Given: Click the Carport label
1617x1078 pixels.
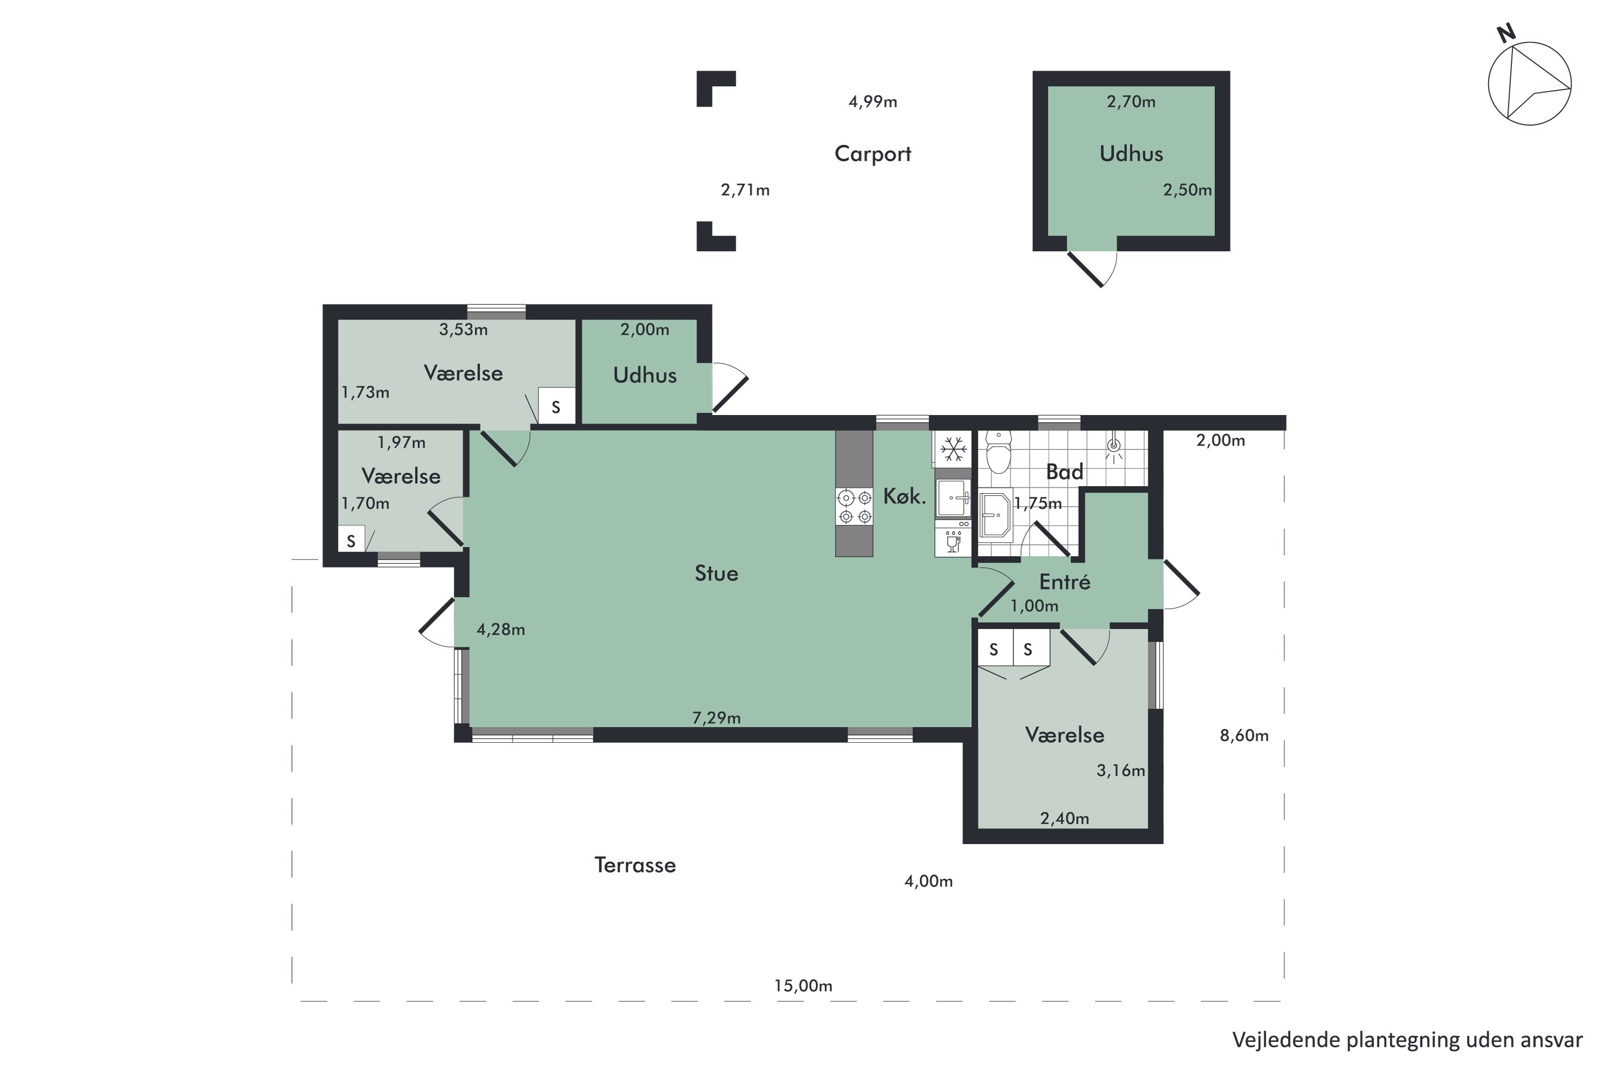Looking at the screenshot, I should click(x=873, y=153).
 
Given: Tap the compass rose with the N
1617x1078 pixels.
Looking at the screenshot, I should click(x=1529, y=83).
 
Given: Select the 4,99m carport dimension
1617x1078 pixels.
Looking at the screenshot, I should click(x=873, y=102).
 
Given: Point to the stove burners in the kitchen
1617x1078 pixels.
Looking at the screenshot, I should click(x=854, y=507).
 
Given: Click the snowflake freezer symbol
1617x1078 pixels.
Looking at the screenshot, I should click(x=953, y=450).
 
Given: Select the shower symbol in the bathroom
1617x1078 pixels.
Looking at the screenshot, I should click(x=1114, y=447).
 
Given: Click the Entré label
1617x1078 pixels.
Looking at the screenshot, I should click(x=1064, y=582).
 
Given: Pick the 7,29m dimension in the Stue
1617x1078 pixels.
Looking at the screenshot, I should click(x=716, y=718).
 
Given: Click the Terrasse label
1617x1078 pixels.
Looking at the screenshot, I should click(x=634, y=865).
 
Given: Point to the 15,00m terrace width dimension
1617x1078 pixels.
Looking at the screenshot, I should click(x=803, y=986).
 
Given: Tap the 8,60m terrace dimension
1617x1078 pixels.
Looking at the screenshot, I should click(x=1243, y=736).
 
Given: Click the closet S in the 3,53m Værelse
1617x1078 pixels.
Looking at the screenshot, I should click(x=556, y=407).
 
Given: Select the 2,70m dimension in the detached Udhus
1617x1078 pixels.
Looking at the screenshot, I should click(x=1131, y=102).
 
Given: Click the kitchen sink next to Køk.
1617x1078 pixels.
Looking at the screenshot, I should click(x=954, y=497).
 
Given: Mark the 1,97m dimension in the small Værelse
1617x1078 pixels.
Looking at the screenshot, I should click(x=402, y=443).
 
